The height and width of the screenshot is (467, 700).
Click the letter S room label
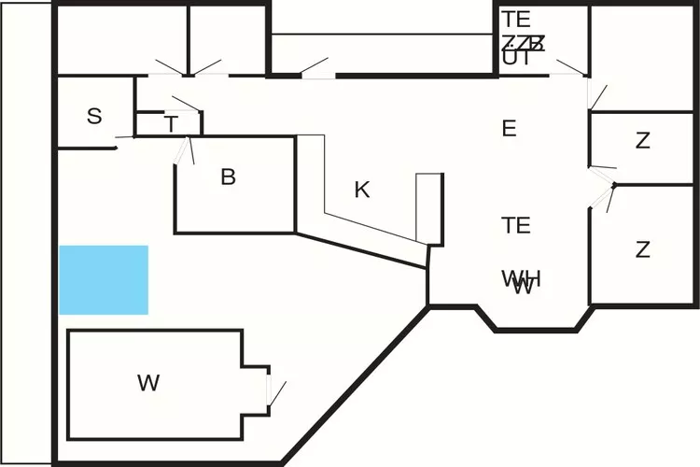tap(94, 117)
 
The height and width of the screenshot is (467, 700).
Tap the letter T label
tap(171, 125)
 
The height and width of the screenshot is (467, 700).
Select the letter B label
tap(228, 177)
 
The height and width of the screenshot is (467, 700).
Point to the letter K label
tap(362, 191)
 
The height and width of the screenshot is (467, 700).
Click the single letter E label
tap(509, 129)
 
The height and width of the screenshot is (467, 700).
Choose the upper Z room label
tap(643, 142)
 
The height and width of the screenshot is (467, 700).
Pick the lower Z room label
tap(643, 250)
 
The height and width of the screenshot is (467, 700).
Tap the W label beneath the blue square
tap(147, 383)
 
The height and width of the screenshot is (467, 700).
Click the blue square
tap(104, 280)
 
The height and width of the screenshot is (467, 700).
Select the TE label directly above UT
tap(516, 19)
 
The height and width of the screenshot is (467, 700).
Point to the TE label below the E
tap(516, 225)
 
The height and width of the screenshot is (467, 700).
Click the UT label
tap(516, 58)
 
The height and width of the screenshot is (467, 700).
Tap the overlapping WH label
tap(521, 279)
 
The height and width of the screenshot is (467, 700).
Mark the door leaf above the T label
tap(185, 104)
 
